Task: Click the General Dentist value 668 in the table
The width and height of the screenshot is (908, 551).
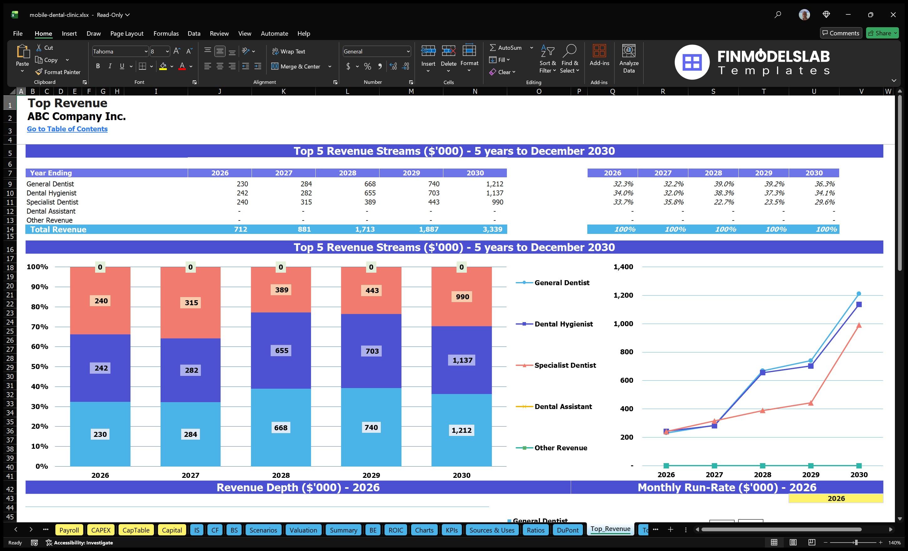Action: (370, 184)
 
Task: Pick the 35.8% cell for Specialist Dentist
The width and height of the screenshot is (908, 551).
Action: (673, 202)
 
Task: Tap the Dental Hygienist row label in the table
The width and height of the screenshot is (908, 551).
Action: (52, 193)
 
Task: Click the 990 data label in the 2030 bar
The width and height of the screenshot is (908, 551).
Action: (462, 297)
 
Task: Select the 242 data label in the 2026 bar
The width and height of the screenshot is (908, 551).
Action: (101, 368)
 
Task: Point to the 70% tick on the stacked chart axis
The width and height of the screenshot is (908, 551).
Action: (39, 327)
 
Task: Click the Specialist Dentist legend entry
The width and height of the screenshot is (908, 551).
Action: (564, 365)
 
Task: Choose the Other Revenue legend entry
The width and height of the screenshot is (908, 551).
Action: (560, 448)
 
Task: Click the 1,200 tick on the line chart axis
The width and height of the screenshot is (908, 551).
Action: (623, 296)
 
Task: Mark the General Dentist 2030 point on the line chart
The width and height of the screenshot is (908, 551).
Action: (859, 294)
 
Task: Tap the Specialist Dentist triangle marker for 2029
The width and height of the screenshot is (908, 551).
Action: (811, 403)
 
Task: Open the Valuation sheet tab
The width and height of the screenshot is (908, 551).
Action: (303, 530)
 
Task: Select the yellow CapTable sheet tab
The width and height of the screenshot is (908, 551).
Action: (135, 530)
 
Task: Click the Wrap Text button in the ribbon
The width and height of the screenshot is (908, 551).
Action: (288, 52)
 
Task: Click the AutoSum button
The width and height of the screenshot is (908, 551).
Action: (506, 48)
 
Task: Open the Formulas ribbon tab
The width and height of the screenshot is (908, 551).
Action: (166, 33)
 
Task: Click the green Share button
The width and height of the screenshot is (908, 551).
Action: (882, 33)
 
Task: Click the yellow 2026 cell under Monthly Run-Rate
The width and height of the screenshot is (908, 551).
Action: (836, 498)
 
